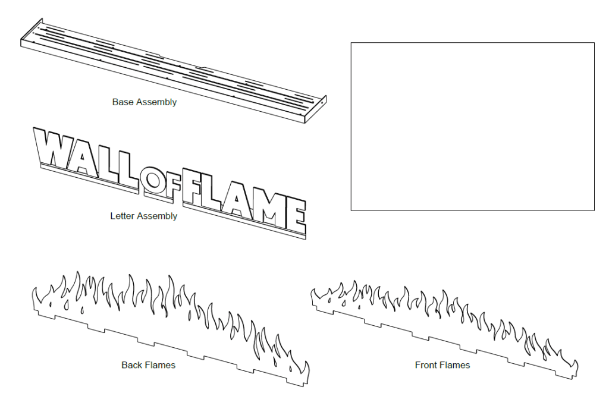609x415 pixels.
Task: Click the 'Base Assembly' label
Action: pos(144,102)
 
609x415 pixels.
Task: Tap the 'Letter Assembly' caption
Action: pos(143,216)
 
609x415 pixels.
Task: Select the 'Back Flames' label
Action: pos(148,365)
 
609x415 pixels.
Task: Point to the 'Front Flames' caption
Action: pos(442,365)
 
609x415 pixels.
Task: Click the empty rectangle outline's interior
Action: pos(472,126)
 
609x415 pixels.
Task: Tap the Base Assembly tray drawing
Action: pos(172,71)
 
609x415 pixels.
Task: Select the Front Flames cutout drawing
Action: pos(443,324)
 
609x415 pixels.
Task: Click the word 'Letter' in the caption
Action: pos(123,216)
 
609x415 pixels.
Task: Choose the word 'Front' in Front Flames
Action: pos(427,365)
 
